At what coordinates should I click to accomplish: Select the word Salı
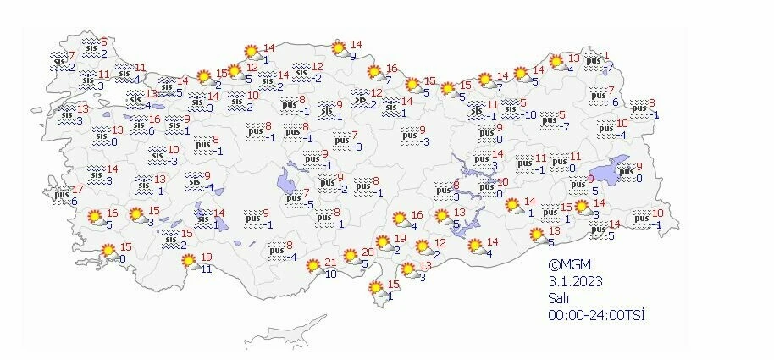[x=559, y=297]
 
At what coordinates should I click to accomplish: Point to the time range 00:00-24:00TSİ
[x=597, y=314]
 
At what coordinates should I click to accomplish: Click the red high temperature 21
[x=331, y=261]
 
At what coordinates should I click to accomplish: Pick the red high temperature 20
[x=368, y=252]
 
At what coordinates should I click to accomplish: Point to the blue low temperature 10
[x=331, y=274]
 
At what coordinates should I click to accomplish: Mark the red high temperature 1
[x=606, y=56]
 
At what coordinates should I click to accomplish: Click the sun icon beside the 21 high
[x=312, y=266]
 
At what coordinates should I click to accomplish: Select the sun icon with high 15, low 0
[x=108, y=252]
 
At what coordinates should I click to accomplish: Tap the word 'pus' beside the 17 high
[x=61, y=195]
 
